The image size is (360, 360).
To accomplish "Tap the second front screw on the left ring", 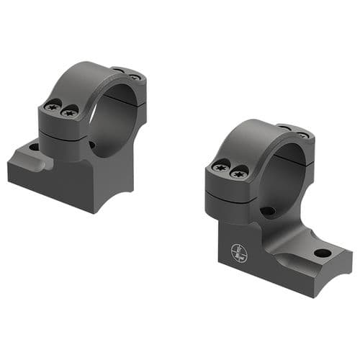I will click(x=69, y=112).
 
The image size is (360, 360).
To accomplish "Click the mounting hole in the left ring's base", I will click(x=33, y=147).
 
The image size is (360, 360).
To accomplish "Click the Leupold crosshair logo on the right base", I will click(x=238, y=253).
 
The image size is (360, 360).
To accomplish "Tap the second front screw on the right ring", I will click(x=238, y=172).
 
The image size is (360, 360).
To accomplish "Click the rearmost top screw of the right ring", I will click(x=304, y=135).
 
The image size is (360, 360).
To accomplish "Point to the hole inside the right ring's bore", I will click(x=267, y=212).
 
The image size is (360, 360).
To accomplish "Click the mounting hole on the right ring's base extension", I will click(x=322, y=253).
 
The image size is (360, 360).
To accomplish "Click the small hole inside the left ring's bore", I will click(x=92, y=145).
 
